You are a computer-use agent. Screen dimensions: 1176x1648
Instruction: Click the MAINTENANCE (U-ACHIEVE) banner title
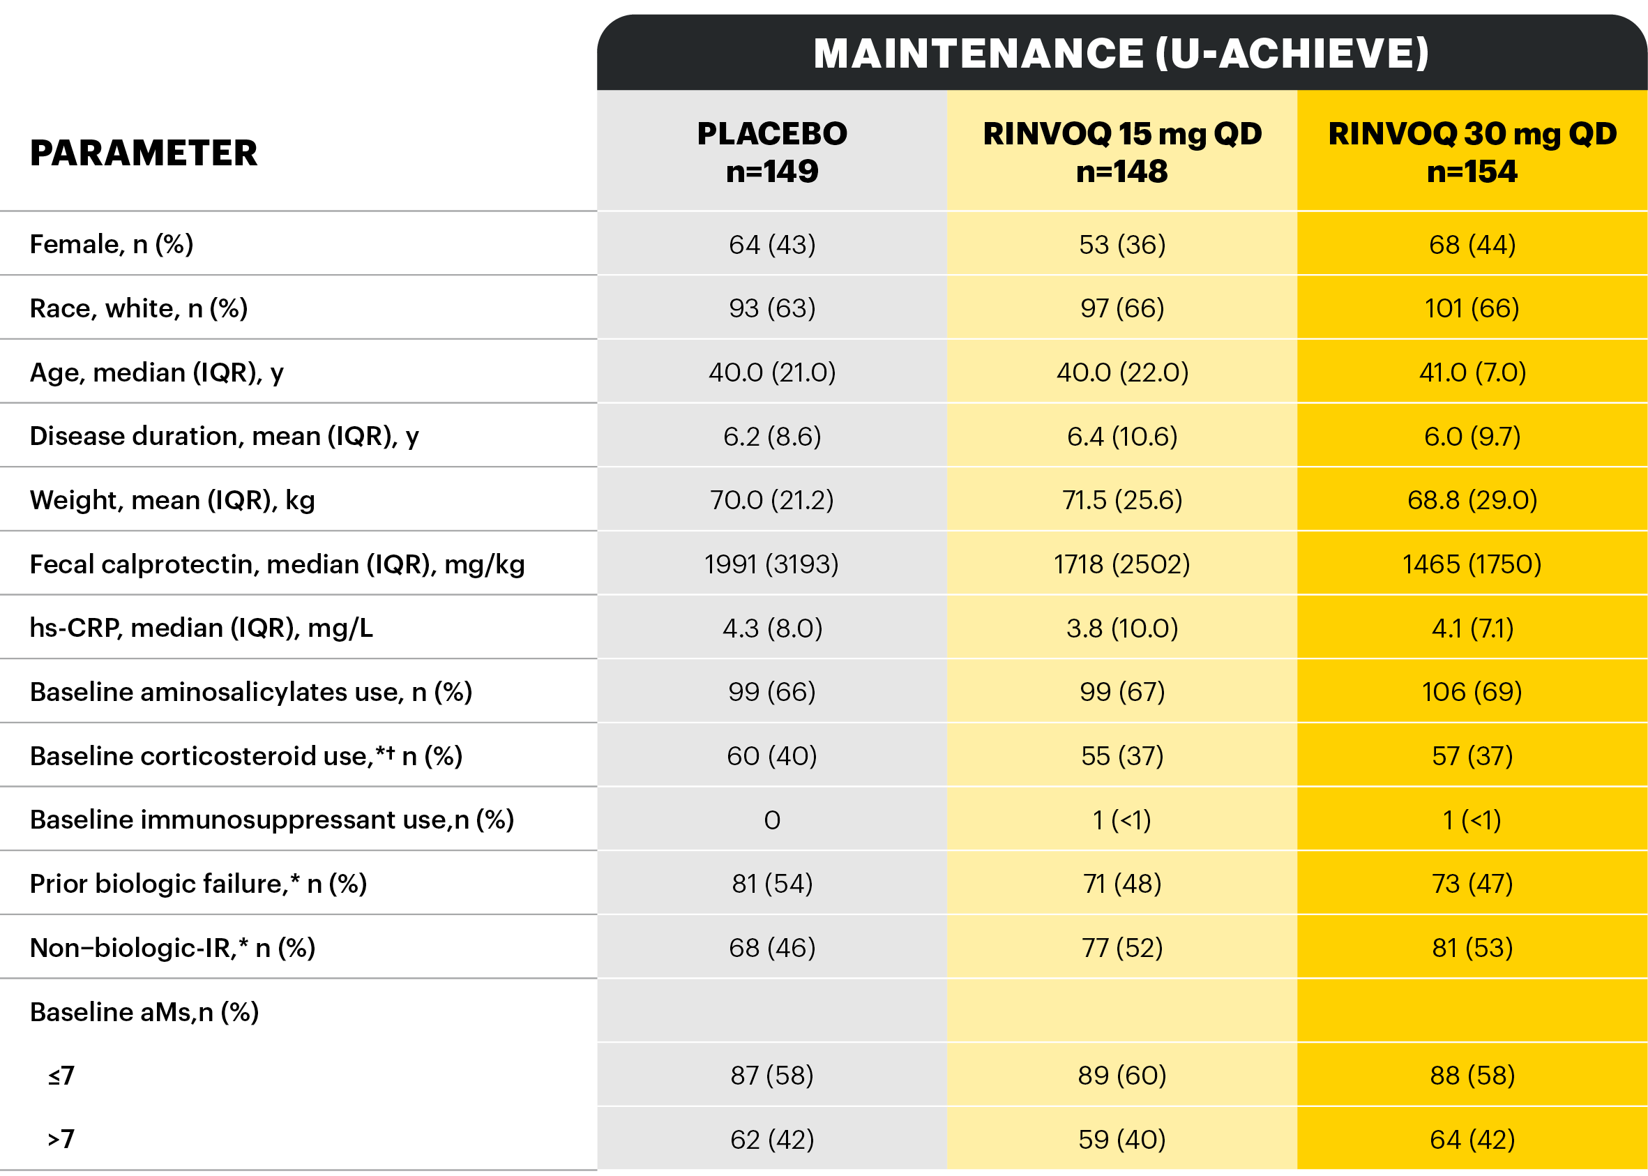pos(1121,54)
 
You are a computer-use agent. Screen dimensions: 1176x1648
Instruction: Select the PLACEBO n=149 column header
pos(772,152)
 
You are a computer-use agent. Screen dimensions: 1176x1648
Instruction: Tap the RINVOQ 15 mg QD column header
pos(1121,152)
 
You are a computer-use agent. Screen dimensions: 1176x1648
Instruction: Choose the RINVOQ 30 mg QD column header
pos(1472,152)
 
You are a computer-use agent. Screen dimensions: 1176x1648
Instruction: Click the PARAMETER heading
pos(144,153)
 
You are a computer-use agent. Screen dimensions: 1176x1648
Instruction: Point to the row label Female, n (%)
pos(112,245)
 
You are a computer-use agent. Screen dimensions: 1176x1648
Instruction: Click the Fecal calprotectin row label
pos(277,564)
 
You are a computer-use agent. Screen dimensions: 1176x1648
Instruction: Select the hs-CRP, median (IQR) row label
pos(202,628)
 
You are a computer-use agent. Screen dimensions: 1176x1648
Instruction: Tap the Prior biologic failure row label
pos(198,884)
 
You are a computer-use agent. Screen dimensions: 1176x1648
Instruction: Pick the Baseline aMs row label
pos(144,1011)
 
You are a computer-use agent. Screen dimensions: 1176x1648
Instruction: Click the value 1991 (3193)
pos(771,564)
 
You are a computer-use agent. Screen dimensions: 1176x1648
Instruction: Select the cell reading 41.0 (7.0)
pos(1472,372)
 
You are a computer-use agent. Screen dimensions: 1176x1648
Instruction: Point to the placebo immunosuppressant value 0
pos(772,820)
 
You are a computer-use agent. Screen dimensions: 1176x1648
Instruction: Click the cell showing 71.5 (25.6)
pos(1121,499)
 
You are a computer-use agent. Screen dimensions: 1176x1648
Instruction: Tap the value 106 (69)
pos(1472,691)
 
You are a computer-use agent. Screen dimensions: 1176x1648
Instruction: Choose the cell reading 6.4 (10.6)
pos(1121,436)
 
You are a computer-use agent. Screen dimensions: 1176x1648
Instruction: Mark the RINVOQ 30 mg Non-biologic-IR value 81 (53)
pos(1472,948)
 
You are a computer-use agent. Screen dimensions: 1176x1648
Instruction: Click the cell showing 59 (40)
pos(1121,1140)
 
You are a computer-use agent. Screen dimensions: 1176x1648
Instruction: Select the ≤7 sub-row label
pos(61,1076)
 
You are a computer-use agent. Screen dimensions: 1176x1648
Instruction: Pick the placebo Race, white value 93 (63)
pos(772,308)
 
